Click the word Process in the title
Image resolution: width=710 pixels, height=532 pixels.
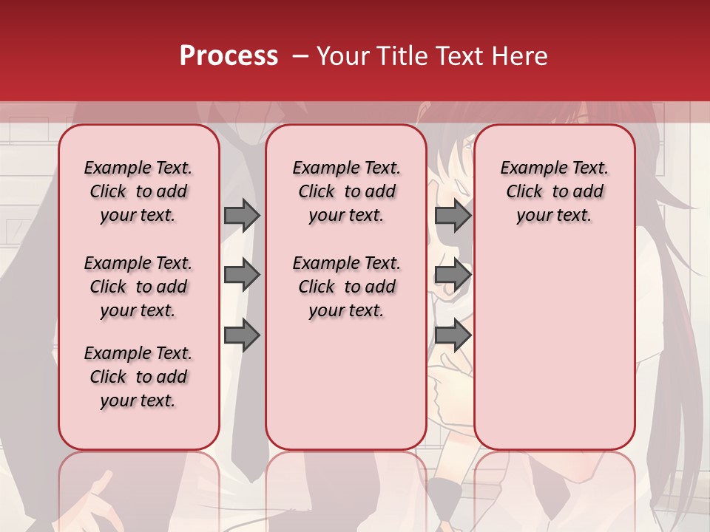(229, 55)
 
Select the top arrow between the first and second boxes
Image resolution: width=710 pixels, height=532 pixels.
(241, 215)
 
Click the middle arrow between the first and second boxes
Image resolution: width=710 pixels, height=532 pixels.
(241, 275)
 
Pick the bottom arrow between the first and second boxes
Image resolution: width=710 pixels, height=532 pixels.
(241, 335)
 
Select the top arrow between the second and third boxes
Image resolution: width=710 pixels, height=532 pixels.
(453, 215)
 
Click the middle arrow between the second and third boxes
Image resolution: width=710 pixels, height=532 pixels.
(453, 275)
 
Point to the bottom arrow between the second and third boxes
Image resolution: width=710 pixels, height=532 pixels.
(453, 335)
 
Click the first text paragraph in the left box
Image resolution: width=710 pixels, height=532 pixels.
(138, 191)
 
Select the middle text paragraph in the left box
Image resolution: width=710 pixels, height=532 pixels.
(138, 287)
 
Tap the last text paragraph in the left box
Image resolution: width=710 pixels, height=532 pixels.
(138, 377)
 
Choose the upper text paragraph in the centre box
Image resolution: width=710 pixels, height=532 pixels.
(346, 191)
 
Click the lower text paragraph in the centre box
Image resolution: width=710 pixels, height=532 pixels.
(346, 287)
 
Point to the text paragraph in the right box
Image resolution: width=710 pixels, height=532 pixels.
(555, 191)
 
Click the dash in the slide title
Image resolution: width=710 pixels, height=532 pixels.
(300, 56)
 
